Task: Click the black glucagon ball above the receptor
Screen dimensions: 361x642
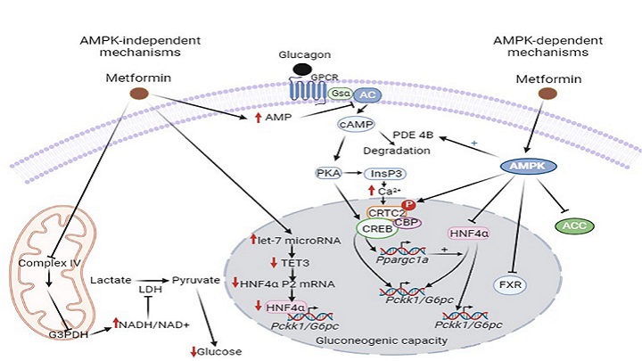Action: (x=303, y=69)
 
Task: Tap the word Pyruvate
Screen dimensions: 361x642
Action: (x=195, y=279)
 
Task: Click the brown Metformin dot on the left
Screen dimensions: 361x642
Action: (x=138, y=94)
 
